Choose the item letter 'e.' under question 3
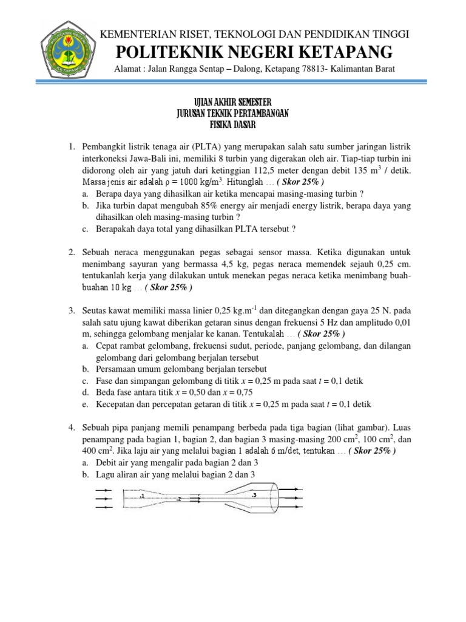[85, 403]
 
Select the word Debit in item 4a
[107, 462]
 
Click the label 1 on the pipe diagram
[141, 496]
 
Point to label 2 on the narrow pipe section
[179, 499]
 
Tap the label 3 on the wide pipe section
[254, 495]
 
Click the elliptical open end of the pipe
[273, 499]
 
